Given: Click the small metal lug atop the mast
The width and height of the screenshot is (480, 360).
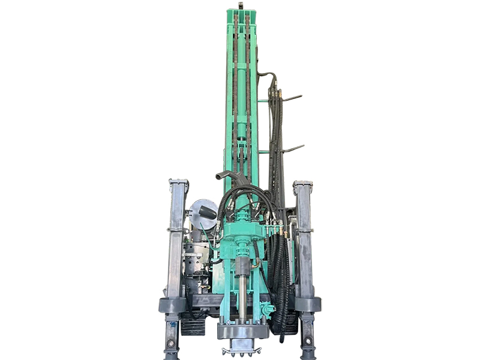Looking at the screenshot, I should coord(241,5).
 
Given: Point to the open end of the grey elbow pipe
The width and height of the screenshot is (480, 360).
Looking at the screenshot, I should coord(219,176).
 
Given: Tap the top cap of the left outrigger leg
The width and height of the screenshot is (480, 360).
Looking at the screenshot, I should coord(178,182).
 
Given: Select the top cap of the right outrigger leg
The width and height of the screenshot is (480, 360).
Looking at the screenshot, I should coord(303,184).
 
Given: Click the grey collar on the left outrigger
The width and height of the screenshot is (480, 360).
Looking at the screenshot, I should coord(172,305).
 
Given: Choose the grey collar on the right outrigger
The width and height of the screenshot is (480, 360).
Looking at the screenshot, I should coord(307,304).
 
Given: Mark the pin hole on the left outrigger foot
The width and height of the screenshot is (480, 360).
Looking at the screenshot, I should coord(172,343).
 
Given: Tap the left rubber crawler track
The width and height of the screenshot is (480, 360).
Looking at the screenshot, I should coord(193,324).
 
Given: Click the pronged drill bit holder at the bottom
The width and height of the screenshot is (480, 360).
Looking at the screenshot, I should coord(241,349).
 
